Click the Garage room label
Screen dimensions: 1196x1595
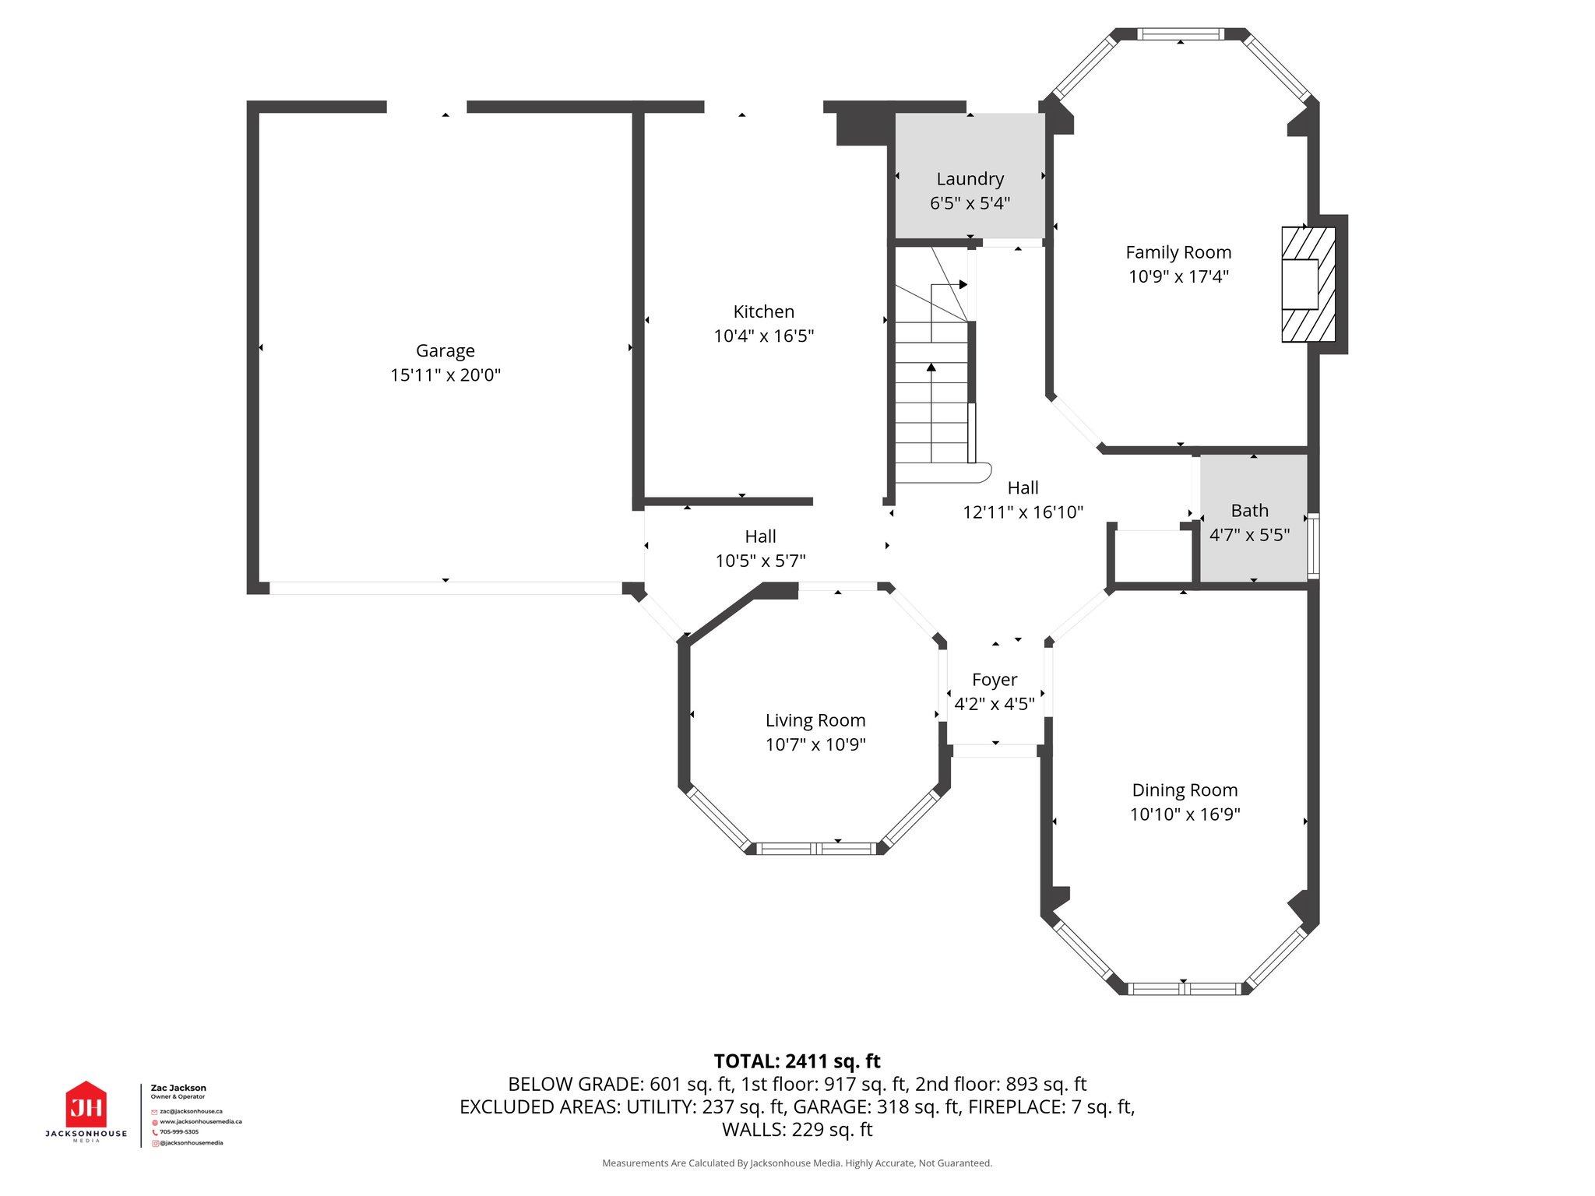[x=445, y=350]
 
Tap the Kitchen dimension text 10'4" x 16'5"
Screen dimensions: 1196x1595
[x=763, y=336]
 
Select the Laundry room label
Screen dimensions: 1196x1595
[x=970, y=179]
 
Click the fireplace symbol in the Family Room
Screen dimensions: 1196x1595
[x=1308, y=284]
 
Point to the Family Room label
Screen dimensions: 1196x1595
[x=1178, y=252]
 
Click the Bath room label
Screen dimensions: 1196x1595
[x=1249, y=511]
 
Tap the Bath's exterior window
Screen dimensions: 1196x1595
[x=1313, y=545]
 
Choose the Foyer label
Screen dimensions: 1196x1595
[x=994, y=680]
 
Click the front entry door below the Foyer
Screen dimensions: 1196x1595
[x=995, y=751]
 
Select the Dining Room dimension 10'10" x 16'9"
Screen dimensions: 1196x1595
[x=1184, y=814]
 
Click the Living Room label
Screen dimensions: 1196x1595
[x=815, y=720]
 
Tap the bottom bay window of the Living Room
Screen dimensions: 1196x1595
[x=815, y=849]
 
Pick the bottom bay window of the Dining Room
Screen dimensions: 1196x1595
[x=1183, y=989]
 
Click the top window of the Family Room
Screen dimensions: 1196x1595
[x=1180, y=34]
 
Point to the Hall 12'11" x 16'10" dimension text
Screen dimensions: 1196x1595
[x=1023, y=512]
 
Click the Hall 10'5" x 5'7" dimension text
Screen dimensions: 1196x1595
[x=760, y=561]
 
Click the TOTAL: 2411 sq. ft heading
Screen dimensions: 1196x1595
[x=797, y=1061]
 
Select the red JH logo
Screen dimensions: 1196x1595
[x=86, y=1106]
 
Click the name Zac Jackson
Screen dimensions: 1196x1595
[x=178, y=1088]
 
